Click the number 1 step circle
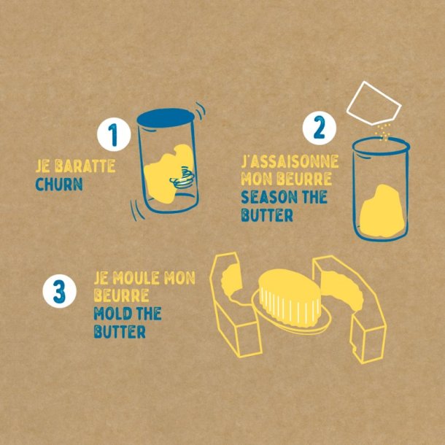114,134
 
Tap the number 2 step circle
320,128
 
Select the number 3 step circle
60,291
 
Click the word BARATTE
85,166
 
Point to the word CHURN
59,184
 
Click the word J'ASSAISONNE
290,161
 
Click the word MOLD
113,314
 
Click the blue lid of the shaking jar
166,117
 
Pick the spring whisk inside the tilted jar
182,178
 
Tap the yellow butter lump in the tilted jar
166,173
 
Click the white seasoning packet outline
374,103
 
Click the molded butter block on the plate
290,297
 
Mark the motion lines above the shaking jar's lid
201,111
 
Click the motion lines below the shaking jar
137,210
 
